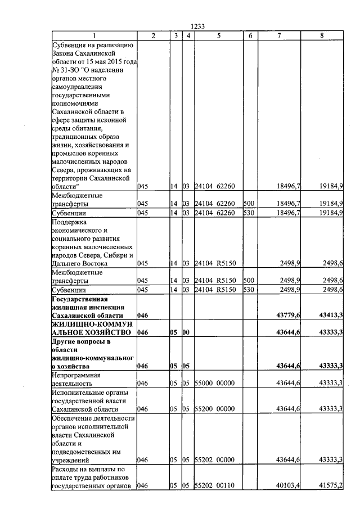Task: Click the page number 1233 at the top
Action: pyautogui.click(x=197, y=26)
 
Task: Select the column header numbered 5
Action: pyautogui.click(x=217, y=36)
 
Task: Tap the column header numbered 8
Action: pyautogui.click(x=322, y=36)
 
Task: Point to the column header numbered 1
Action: pyautogui.click(x=94, y=36)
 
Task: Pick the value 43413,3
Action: pyautogui.click(x=331, y=316)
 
